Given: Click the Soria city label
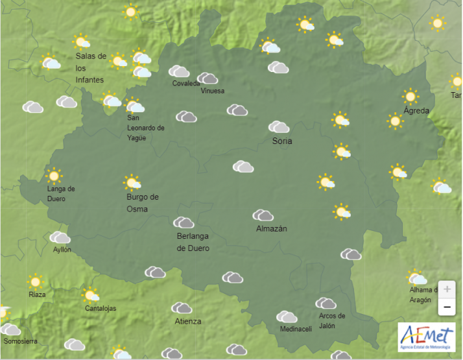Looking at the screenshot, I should pos(282,141).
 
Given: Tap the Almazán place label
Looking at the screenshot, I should pos(272,228).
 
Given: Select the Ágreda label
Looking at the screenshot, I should pos(416,111).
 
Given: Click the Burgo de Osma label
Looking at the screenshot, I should pos(143,202).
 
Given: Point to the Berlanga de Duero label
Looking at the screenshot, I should pos(193,242).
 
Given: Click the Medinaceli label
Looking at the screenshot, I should pos(296,329).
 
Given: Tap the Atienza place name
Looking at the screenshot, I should pos(188,321).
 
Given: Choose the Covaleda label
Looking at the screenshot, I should pos(186,84).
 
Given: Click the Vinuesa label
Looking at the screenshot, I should pos(213,91).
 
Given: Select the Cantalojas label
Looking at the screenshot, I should pos(101,308).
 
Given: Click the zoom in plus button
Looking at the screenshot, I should pos(446,289).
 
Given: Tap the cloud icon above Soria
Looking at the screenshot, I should pos(279,126).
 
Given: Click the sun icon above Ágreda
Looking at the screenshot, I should pos(410,96).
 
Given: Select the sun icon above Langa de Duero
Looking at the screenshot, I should pos(54,175).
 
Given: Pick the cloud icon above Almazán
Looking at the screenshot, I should pos(263,215).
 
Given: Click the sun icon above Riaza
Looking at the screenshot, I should pos(35,282).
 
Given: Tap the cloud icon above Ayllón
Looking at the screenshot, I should pos(60,237).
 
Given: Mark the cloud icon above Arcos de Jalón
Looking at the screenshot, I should pos(326,303).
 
